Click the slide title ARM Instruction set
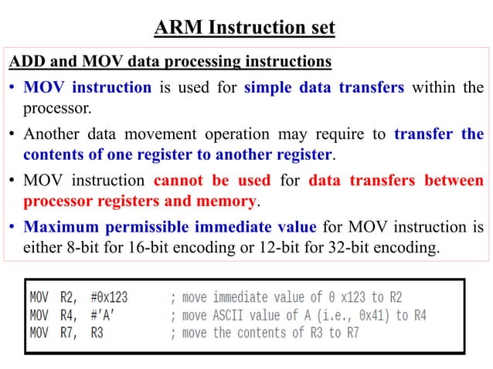(x=245, y=29)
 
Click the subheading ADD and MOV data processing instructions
(x=169, y=61)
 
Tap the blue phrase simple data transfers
(x=324, y=87)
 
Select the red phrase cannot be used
(x=212, y=182)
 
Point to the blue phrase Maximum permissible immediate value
(x=170, y=229)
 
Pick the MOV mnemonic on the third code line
(x=39, y=333)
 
